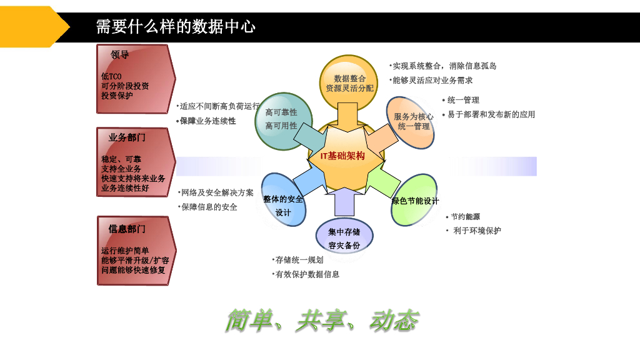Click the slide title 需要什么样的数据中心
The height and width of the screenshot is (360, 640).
(x=176, y=27)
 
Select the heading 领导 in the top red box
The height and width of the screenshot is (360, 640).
(x=119, y=55)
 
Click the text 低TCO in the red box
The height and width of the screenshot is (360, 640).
(x=111, y=76)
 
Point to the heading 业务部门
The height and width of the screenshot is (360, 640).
(x=127, y=137)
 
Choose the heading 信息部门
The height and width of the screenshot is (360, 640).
(x=127, y=229)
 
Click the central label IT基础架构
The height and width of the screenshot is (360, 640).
(x=342, y=156)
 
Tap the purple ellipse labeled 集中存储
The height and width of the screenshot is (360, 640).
(x=344, y=236)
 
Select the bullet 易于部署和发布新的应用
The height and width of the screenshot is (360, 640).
(x=489, y=115)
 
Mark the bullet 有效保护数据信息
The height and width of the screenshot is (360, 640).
(x=306, y=275)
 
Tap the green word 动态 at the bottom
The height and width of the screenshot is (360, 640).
(x=394, y=321)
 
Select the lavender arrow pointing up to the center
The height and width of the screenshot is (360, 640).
(x=344, y=201)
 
